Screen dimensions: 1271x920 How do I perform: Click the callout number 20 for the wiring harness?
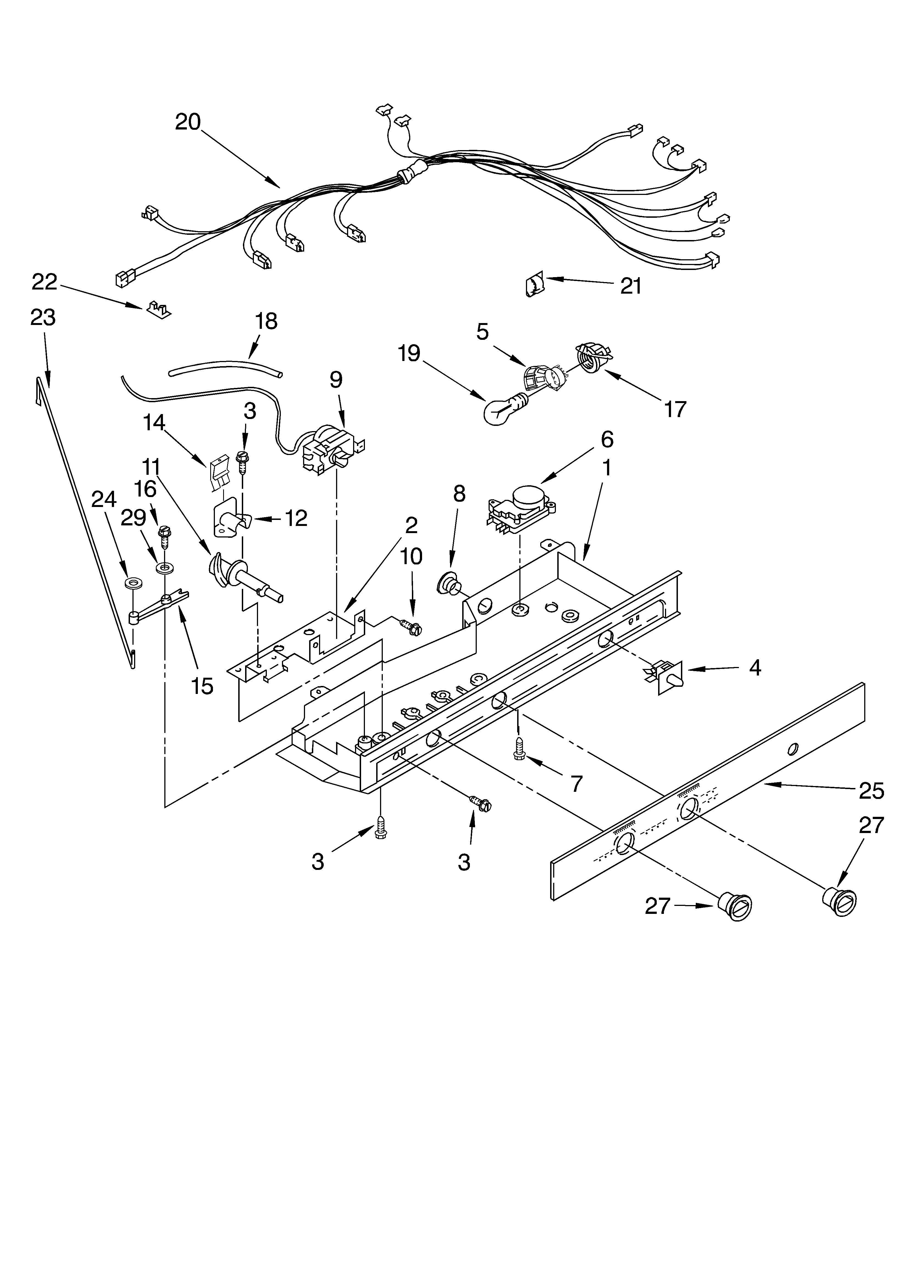(188, 122)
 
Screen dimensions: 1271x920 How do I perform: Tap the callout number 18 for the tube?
(266, 321)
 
